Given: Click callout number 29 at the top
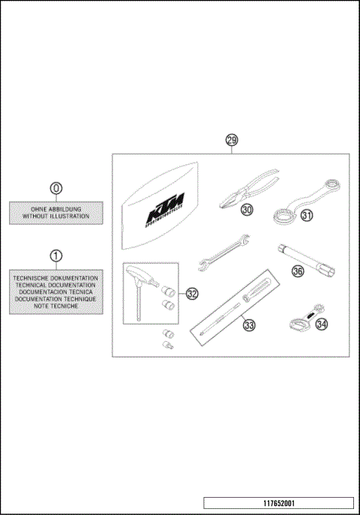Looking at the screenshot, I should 232,140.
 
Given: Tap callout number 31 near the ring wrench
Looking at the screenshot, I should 306,215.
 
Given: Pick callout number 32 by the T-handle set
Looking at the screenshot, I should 192,294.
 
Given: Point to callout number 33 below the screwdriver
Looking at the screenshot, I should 249,325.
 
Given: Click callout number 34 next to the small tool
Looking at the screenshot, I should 321,324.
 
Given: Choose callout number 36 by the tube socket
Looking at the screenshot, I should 298,272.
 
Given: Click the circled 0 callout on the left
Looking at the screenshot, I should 55,189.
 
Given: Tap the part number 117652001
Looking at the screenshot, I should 278,503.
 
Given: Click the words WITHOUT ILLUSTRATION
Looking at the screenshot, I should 55,216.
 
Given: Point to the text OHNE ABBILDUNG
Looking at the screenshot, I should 55,208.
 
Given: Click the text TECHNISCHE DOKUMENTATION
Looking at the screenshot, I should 55,278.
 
